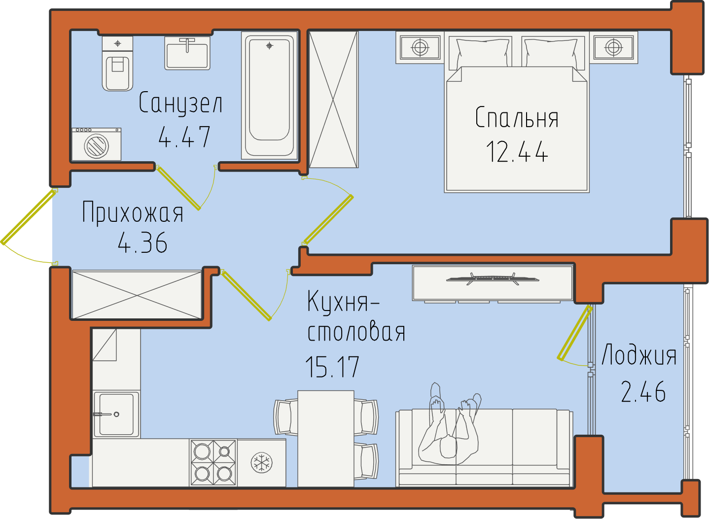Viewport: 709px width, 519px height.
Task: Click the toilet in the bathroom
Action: pos(117,63)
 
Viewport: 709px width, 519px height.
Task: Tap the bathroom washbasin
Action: pos(187,53)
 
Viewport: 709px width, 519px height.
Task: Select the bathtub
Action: pos(269,95)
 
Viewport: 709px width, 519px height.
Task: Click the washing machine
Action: pos(97,144)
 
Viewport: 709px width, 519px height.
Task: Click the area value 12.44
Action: pos(517,152)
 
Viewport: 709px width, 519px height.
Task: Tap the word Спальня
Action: pos(517,118)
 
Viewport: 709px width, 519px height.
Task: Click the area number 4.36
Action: pos(142,242)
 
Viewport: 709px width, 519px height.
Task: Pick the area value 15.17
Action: pos(332,367)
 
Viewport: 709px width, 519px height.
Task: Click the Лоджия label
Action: pos(638,355)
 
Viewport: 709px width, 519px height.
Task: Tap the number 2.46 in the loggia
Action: pos(643,392)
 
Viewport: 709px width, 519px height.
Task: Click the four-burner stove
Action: pos(213,463)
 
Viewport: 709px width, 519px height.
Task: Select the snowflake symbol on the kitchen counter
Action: pos(261,463)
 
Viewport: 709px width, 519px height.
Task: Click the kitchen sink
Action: pos(116,414)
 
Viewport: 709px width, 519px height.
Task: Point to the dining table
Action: pos(326,439)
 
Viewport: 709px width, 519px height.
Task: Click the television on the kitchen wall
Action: pos(493,279)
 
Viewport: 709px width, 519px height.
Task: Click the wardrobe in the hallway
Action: pos(137,295)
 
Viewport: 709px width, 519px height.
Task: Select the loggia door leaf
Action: pos(575,333)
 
